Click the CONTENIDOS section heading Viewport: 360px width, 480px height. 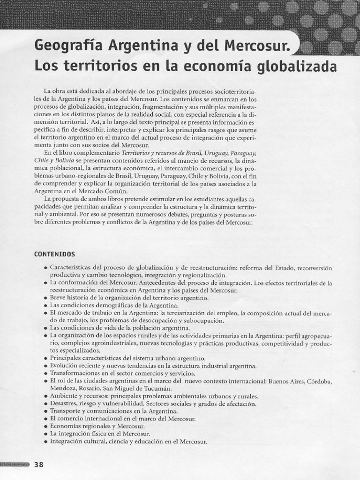coord(54,255)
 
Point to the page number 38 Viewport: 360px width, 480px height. coord(39,465)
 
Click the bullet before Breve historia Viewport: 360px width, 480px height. coord(45,298)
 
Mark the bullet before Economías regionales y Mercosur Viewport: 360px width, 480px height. coord(45,427)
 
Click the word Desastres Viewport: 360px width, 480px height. coord(64,404)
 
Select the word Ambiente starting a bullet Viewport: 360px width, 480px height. coord(64,396)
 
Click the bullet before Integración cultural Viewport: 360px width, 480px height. coord(45,442)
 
